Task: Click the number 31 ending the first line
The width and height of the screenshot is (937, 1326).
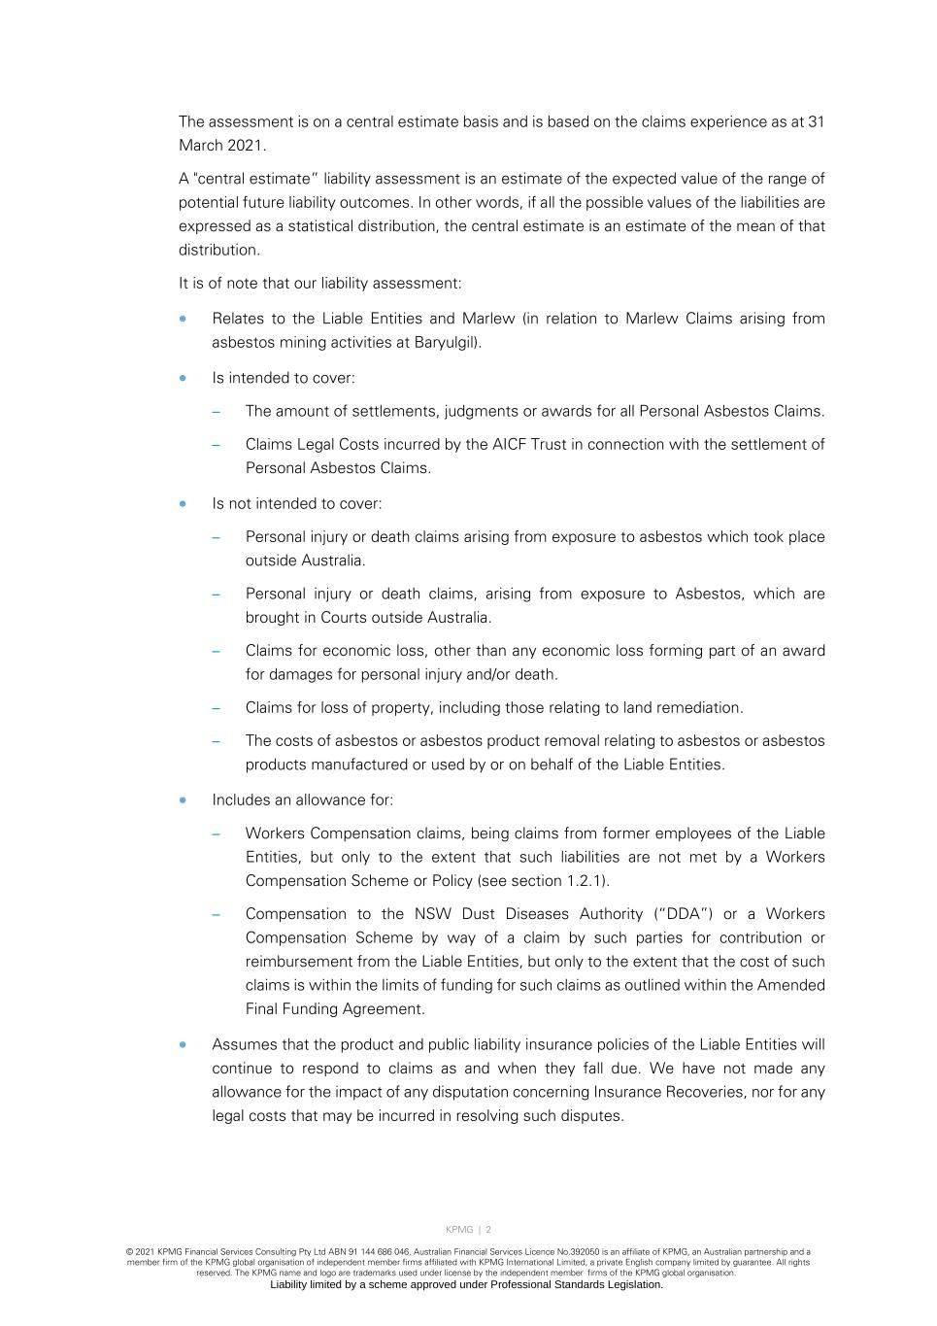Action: point(816,122)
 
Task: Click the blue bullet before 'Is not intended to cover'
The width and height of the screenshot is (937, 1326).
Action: point(183,503)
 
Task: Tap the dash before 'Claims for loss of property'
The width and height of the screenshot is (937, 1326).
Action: point(217,708)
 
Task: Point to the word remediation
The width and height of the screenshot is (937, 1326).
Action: point(705,708)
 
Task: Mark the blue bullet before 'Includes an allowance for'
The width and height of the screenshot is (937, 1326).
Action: point(183,800)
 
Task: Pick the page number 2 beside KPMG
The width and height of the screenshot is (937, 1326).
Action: point(488,1230)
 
